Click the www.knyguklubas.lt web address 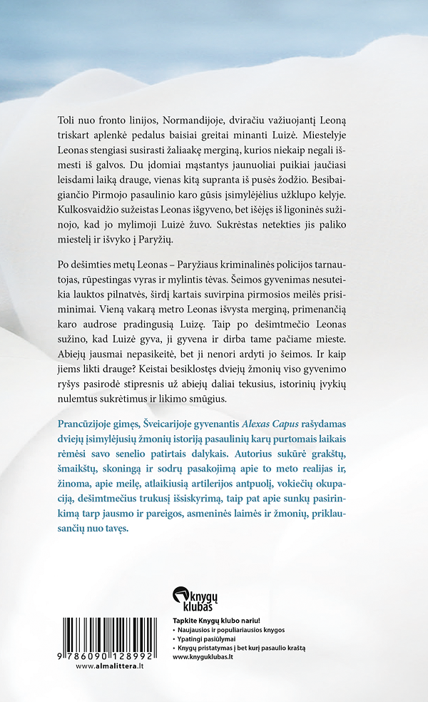pyautogui.click(x=204, y=656)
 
